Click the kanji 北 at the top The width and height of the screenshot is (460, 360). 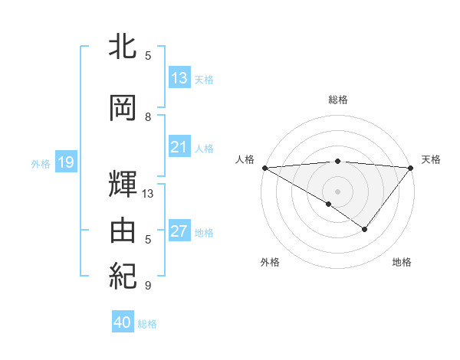pos(123,47)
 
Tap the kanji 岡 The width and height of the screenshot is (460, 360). pos(123,109)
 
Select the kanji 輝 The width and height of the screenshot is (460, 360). pos(123,185)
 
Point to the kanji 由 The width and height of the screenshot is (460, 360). pos(123,231)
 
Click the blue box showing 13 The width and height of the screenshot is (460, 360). pos(179,78)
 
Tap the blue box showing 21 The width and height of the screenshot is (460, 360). pos(179,147)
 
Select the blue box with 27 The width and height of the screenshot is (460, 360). pos(179,231)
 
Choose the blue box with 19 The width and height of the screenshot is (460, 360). pos(65,162)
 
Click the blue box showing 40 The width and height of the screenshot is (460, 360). pos(123,322)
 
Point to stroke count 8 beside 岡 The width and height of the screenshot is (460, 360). pos(148,117)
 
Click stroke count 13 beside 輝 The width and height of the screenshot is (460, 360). pos(148,194)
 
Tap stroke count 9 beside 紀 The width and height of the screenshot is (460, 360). pos(148,286)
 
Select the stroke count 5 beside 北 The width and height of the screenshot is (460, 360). pos(148,56)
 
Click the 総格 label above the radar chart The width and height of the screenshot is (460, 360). pos(337,100)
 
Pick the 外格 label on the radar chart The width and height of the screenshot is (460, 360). pos(270,262)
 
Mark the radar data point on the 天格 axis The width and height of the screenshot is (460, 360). pos(410,167)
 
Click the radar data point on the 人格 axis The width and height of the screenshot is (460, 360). pos(264,167)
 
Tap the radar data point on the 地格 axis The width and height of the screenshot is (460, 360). pos(365,229)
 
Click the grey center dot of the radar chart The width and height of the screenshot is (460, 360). pos(337,191)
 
